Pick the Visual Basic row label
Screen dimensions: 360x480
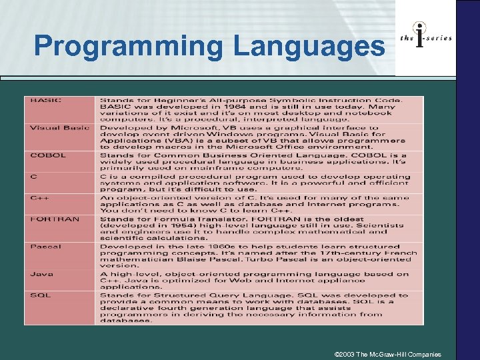tap(59, 127)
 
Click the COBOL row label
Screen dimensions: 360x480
tap(47, 155)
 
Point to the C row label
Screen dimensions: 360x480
tap(33, 176)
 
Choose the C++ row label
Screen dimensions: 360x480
tap(37, 197)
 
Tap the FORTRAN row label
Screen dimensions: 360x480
tap(54, 219)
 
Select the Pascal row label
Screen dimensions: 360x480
tap(45, 247)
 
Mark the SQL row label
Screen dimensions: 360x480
tap(39, 295)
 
